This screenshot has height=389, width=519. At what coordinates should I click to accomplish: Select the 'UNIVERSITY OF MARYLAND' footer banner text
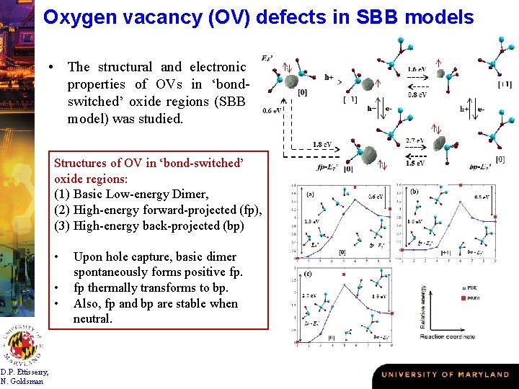tap(445, 375)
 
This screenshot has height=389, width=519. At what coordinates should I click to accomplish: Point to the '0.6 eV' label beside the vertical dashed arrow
tap(272, 110)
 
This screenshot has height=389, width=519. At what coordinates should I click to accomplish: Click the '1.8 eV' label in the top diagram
tap(322, 144)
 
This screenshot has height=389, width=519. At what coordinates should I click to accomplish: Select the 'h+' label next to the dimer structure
tap(329, 76)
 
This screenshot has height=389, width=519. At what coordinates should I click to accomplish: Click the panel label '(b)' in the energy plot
tap(414, 192)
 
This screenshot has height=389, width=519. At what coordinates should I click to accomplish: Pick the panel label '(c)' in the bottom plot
tap(308, 273)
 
